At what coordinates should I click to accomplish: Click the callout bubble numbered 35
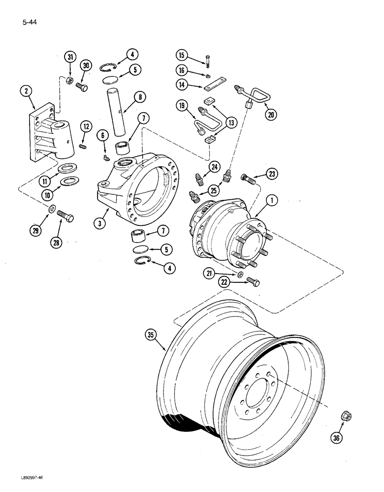click(151, 336)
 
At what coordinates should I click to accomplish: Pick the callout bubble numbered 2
click(25, 90)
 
